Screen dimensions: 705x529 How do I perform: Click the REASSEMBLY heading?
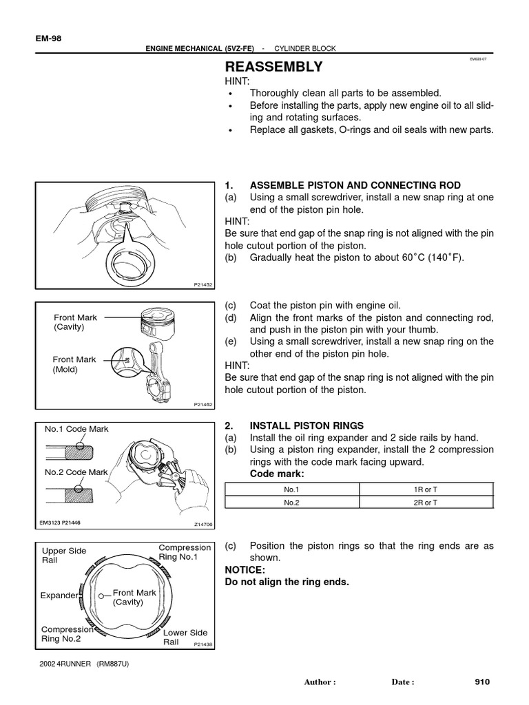(273, 67)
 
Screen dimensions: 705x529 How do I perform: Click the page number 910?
(482, 682)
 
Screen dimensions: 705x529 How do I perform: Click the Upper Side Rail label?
(64, 556)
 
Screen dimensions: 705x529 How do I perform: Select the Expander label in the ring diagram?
(59, 595)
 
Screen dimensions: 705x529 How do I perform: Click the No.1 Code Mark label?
(76, 429)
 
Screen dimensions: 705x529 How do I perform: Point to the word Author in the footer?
(318, 682)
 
